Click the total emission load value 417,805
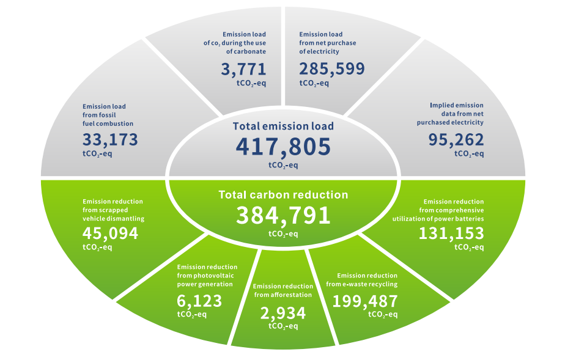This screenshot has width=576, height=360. click(x=283, y=147)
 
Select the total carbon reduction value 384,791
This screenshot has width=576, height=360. click(x=283, y=215)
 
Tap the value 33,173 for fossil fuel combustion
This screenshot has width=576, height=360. click(x=110, y=140)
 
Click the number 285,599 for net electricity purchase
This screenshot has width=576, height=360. click(x=332, y=68)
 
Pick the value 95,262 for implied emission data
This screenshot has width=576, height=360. click(x=456, y=140)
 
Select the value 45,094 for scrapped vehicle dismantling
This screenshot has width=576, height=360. click(x=110, y=233)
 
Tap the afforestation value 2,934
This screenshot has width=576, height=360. click(x=283, y=313)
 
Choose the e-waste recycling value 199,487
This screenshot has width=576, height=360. click(x=365, y=301)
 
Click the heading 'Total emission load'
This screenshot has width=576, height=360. click(x=283, y=127)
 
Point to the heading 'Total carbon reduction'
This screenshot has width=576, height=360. click(x=283, y=195)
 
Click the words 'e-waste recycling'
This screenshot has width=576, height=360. click(x=371, y=284)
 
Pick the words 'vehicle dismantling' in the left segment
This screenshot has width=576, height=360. click(x=113, y=218)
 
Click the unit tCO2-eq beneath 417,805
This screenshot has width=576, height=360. click(x=283, y=164)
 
